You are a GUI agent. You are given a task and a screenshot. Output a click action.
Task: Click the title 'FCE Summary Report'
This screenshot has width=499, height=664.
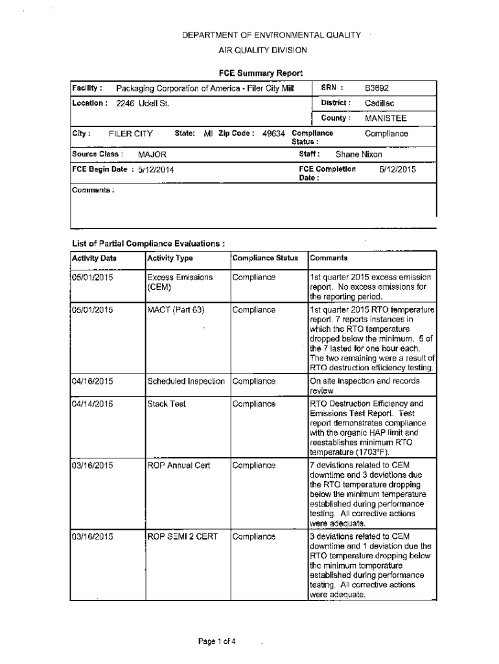click(x=260, y=73)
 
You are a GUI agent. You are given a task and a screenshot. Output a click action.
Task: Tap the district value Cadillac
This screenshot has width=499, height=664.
click(x=380, y=103)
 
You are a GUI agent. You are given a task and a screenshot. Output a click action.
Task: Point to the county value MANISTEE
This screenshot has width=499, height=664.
click(x=386, y=119)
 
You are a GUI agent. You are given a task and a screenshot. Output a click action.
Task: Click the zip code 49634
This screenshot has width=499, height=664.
click(x=273, y=134)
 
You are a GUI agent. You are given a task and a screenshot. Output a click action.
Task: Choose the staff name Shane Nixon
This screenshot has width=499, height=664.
click(x=358, y=154)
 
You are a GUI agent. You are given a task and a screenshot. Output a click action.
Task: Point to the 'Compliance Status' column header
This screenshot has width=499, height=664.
click(x=265, y=258)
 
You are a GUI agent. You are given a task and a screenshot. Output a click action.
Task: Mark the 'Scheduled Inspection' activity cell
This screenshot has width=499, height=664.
click(x=186, y=381)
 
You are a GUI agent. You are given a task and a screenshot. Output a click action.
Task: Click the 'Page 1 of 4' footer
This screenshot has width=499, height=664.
click(x=217, y=642)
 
